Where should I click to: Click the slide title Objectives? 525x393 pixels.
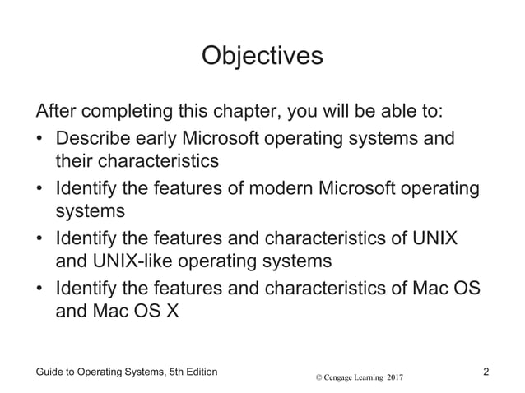[262, 57]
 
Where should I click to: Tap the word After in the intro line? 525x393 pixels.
[55, 110]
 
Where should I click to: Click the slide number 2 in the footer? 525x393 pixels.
[487, 372]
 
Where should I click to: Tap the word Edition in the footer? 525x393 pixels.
[198, 372]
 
